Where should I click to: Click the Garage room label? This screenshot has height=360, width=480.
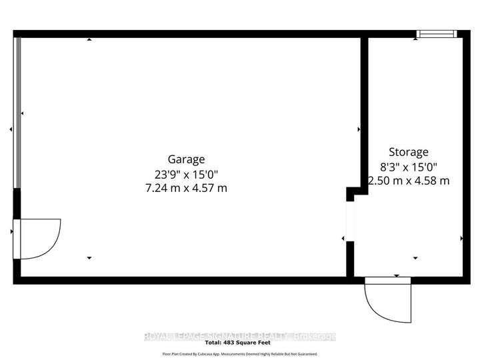pos(186,159)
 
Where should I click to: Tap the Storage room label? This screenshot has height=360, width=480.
pos(409,152)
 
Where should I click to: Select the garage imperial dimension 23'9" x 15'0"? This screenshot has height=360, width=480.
pos(186,174)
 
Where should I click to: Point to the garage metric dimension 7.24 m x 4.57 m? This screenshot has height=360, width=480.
pos(186,188)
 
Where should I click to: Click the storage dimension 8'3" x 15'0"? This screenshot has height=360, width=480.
pos(409,167)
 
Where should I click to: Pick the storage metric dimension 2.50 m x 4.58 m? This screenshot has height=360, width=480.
pos(409,181)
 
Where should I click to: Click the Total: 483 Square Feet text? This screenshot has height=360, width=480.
pos(240,345)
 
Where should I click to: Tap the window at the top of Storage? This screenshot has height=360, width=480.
pos(436,33)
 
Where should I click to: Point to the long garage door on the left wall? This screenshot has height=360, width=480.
pos(18,113)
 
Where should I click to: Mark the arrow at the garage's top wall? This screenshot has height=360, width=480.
pos(89,40)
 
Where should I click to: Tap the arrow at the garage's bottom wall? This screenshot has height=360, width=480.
pos(89,257)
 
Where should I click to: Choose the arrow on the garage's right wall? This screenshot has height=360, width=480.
pos(359,129)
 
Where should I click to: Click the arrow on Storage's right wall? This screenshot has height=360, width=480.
pos(461,238)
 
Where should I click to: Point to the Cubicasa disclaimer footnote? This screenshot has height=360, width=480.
pos(240,354)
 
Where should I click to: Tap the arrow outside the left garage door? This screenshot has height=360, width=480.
pos(11,129)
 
